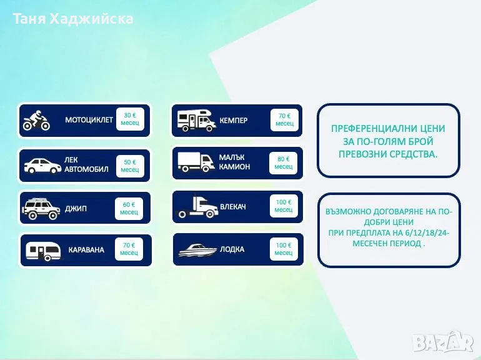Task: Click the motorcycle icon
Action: click(x=36, y=120)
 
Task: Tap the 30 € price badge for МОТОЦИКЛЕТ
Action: click(x=130, y=119)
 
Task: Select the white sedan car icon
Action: click(x=42, y=166)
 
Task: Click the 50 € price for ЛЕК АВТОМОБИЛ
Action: click(x=130, y=166)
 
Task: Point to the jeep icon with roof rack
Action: click(x=41, y=209)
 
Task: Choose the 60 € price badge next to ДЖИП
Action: click(x=129, y=209)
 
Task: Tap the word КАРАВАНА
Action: click(x=86, y=250)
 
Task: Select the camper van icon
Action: click(x=197, y=121)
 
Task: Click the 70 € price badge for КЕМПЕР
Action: click(x=284, y=120)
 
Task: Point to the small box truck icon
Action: click(x=196, y=162)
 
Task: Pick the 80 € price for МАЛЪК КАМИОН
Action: click(x=284, y=163)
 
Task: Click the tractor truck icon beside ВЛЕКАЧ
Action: click(x=197, y=207)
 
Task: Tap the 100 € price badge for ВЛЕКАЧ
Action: click(x=284, y=206)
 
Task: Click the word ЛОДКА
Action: click(x=232, y=249)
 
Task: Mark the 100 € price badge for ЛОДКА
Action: click(x=284, y=249)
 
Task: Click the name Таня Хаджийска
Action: click(x=73, y=19)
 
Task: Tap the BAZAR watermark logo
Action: click(x=443, y=341)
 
